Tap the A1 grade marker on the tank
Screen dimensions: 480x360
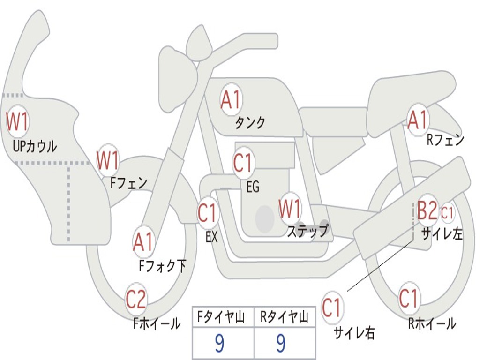[231, 100]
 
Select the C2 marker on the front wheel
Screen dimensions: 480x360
[136, 299]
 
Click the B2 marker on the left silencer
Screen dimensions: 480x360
[427, 210]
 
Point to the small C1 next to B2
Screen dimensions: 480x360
[447, 212]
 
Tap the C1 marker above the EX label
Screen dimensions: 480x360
[208, 212]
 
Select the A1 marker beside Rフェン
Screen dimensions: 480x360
[417, 120]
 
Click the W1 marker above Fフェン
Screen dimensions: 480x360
[108, 160]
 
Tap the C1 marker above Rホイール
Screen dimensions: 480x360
[408, 298]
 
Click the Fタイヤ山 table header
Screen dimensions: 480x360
[221, 317]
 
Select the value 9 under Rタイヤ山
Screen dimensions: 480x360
[281, 343]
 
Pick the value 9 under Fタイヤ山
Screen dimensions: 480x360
[219, 343]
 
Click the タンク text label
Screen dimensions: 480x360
[250, 122]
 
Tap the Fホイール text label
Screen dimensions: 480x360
[157, 323]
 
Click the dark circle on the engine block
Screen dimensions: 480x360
[265, 218]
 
